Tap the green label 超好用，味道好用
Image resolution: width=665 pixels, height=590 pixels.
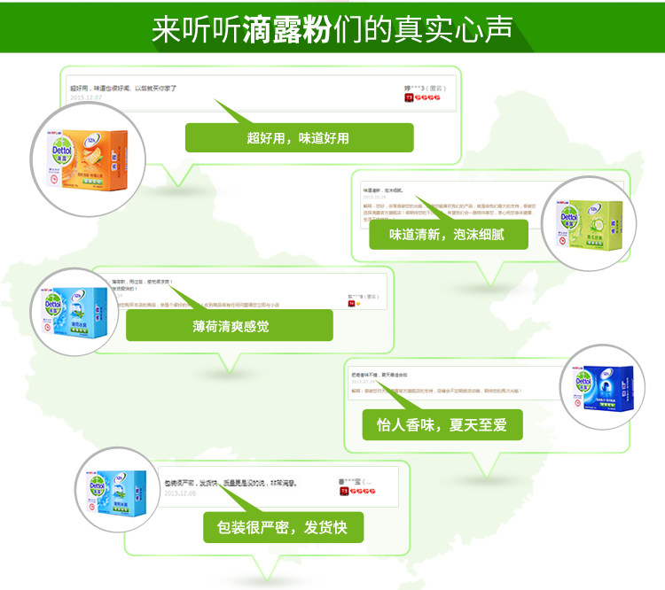299,137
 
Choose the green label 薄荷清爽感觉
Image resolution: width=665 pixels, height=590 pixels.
229,326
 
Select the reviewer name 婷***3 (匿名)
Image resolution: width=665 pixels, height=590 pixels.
425,89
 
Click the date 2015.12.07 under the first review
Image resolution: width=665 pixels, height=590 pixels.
88,98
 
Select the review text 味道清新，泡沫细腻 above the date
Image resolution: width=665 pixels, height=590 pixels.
383,190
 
